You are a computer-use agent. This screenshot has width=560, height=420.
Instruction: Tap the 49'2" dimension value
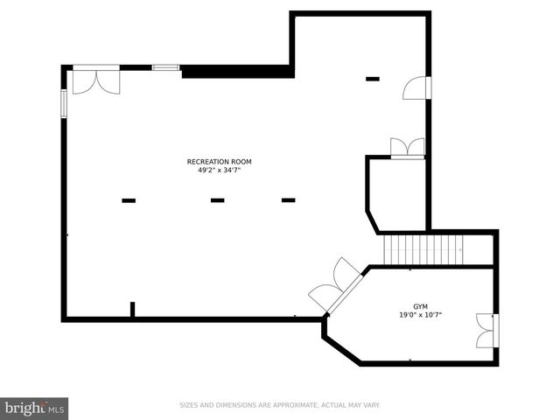[x=206, y=170]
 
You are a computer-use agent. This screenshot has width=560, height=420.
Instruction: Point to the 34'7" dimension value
[x=231, y=170]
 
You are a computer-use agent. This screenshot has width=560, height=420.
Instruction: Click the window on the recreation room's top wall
[x=165, y=66]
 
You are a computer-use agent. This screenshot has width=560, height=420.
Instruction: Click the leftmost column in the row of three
[x=129, y=200]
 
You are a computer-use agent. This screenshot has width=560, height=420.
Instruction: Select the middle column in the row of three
[x=217, y=200]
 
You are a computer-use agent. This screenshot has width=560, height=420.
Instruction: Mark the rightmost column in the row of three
[x=288, y=200]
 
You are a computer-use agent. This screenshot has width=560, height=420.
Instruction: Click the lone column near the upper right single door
[x=373, y=79]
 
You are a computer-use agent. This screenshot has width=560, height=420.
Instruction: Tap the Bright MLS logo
[x=34, y=408]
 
